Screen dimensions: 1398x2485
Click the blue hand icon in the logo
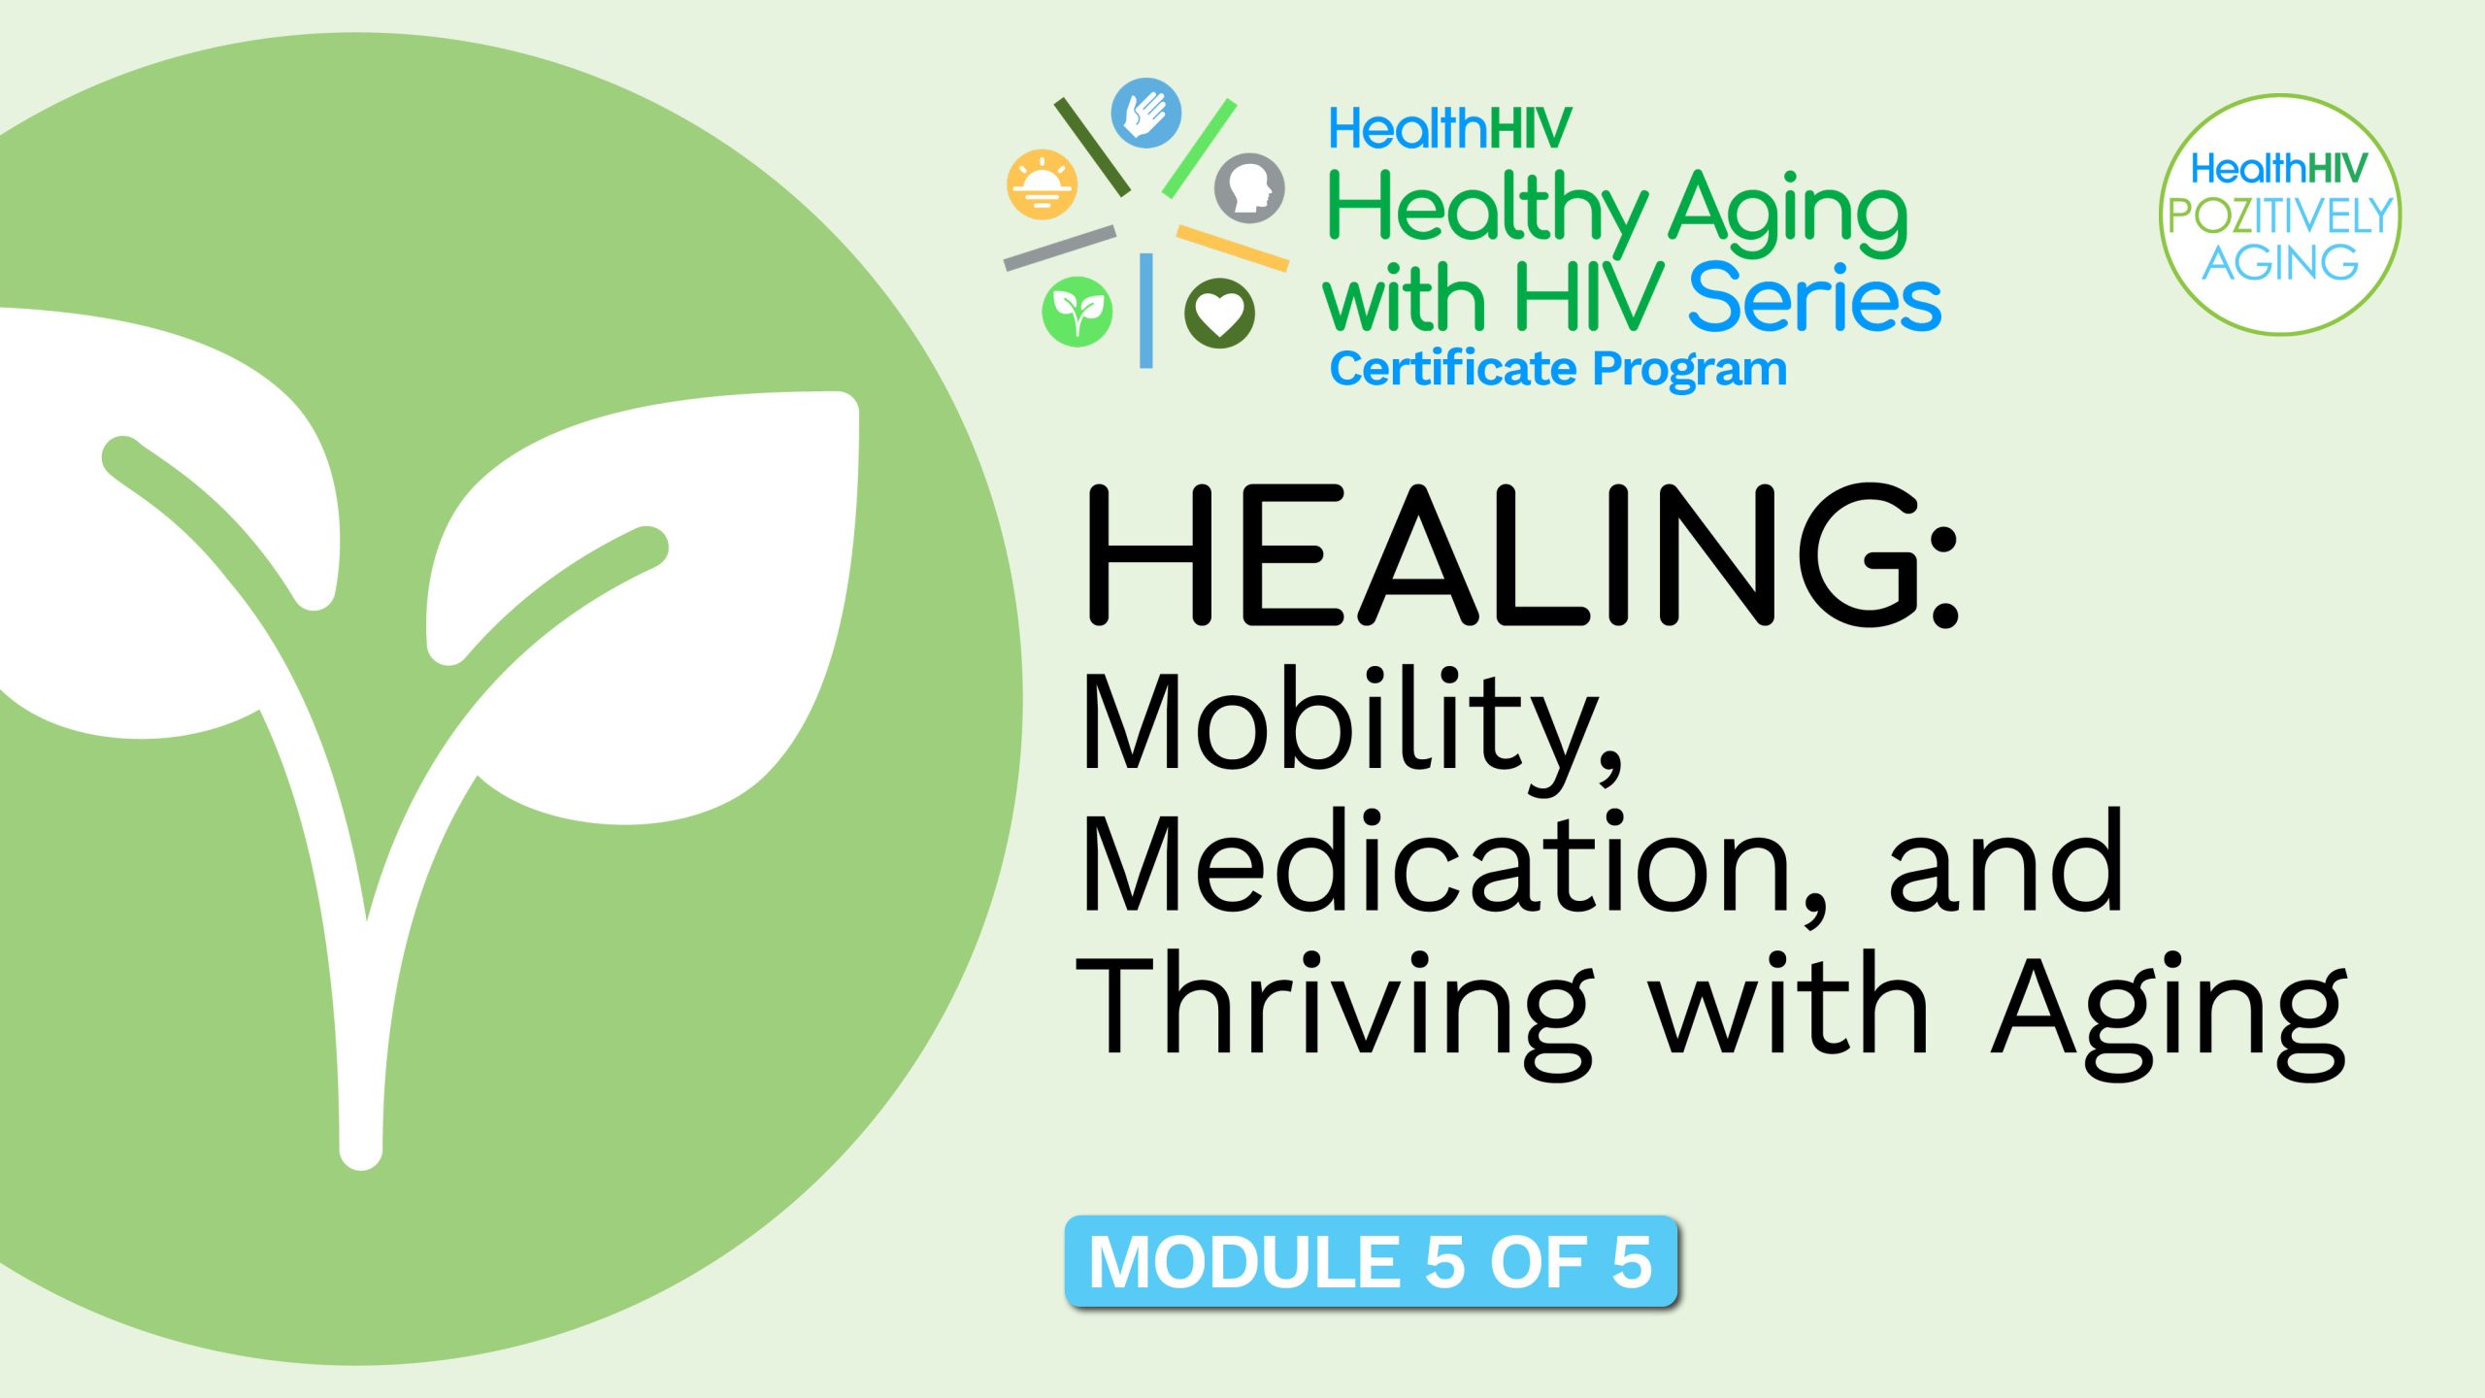1145,114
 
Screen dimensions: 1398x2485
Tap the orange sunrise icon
1042,183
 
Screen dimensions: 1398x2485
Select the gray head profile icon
1249,187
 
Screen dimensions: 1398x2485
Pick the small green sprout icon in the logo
1077,312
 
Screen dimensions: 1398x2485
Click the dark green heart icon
1219,313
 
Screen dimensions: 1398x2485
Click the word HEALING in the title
1500,555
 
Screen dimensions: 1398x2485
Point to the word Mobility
1349,723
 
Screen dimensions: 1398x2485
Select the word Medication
1437,864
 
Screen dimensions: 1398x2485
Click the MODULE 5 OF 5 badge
1371,1261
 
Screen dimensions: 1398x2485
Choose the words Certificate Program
1558,369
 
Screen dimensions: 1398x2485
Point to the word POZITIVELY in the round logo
2279,216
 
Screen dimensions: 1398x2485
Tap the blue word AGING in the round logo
2279,262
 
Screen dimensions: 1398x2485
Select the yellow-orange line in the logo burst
1233,248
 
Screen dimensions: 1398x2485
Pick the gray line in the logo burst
1060,248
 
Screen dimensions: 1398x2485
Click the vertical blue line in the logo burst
1145,311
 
